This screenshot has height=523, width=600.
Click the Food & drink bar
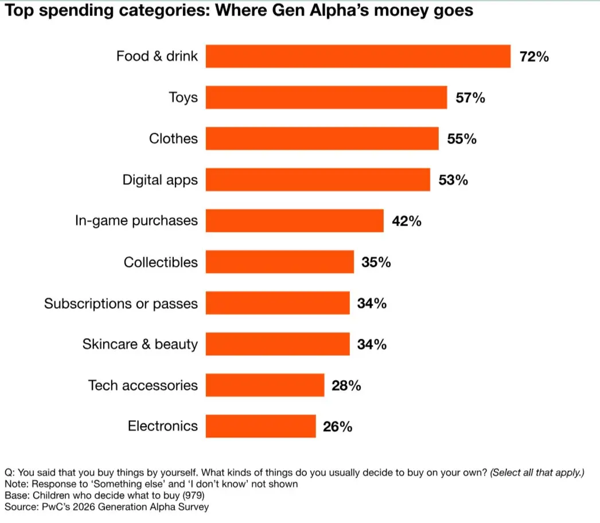[x=358, y=56]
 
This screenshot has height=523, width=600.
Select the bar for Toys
[x=326, y=98]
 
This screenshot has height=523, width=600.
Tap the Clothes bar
[x=322, y=139]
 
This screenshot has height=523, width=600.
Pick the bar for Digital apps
[x=318, y=180]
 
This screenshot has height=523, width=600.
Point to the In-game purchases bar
[x=294, y=221]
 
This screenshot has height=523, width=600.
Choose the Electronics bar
[x=260, y=427]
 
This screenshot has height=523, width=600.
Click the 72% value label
[x=534, y=57]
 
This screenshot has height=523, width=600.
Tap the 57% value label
[x=470, y=98]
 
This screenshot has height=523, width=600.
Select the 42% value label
[x=407, y=221]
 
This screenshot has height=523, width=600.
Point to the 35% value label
[x=376, y=262]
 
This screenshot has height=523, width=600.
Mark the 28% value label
[x=346, y=386]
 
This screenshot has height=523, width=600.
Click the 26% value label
[x=337, y=427]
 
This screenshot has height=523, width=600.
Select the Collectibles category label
[x=161, y=262]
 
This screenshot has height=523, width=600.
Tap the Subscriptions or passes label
[x=121, y=304]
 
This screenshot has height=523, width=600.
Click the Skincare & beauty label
[x=140, y=344]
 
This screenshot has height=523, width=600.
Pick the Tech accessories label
[x=143, y=385]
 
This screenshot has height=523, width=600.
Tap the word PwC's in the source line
[x=51, y=506]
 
